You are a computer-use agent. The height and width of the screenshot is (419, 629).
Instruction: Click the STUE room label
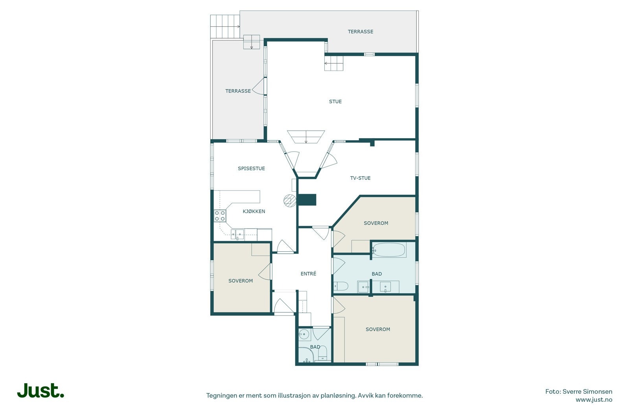[x=335, y=102]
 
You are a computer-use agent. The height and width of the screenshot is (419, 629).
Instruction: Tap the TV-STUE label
[x=360, y=178]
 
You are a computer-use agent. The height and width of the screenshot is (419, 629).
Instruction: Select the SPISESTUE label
[x=251, y=168]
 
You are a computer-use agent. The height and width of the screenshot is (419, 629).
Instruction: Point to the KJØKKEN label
[x=254, y=211]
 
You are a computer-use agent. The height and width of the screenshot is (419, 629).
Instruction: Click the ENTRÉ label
[x=308, y=273]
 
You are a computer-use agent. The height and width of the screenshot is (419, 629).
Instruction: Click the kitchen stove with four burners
[x=220, y=216]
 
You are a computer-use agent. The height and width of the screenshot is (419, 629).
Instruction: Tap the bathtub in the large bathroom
[x=389, y=250]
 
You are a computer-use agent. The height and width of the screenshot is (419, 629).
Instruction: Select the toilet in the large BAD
[x=340, y=286]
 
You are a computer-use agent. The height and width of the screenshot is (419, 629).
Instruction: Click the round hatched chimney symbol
[x=290, y=201]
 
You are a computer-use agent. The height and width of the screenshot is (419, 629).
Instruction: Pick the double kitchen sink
[x=237, y=234]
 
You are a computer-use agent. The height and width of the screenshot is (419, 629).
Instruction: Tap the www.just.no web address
[x=594, y=400]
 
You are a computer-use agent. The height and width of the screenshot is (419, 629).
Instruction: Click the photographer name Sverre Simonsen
[x=587, y=392]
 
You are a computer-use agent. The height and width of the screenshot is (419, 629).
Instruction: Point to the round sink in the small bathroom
[x=303, y=335]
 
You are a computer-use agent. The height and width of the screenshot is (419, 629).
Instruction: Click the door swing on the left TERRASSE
[x=258, y=86]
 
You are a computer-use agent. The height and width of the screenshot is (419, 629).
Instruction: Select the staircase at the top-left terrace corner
[x=225, y=26]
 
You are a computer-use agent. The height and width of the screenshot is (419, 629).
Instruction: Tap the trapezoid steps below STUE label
[x=306, y=137]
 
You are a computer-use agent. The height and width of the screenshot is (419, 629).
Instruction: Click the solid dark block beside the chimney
[x=307, y=200]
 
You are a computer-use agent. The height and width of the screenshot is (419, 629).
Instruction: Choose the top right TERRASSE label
[x=360, y=32]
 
